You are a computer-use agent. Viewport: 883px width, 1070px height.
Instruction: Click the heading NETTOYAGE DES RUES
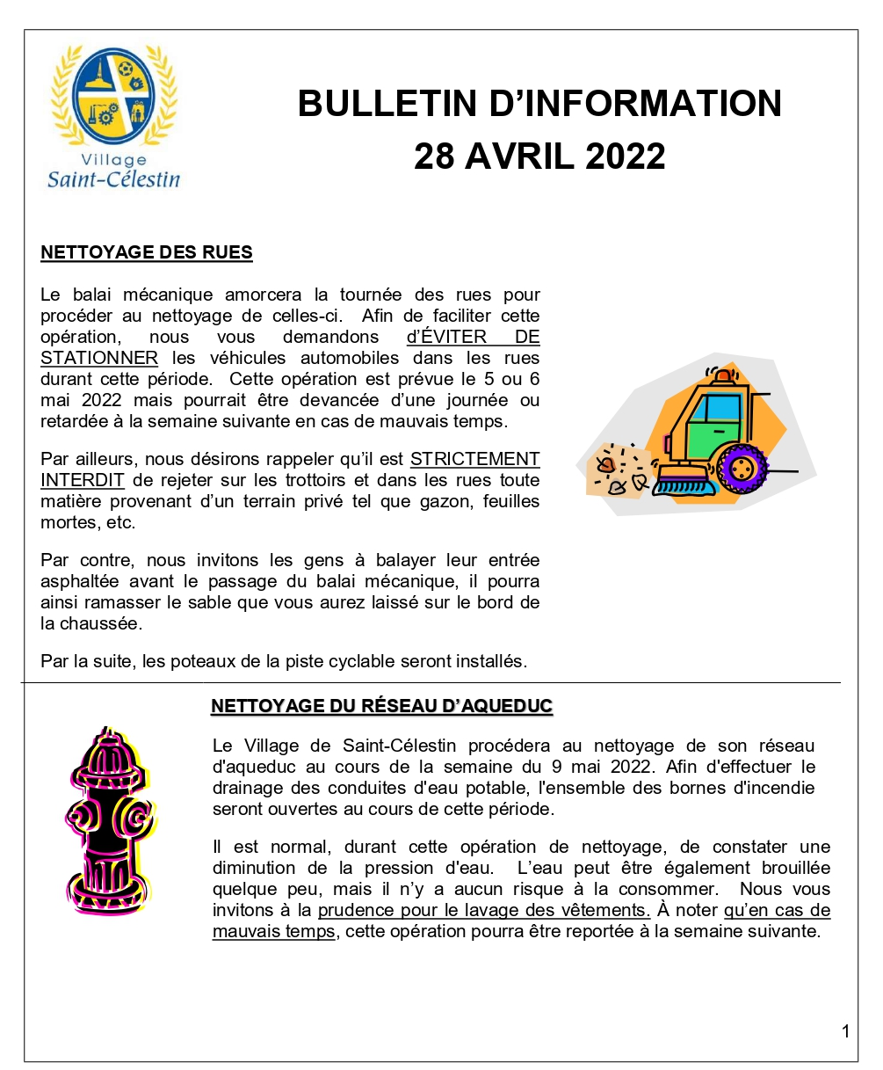click(x=147, y=253)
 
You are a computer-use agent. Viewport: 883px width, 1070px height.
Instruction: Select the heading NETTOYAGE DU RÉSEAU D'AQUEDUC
click(x=381, y=707)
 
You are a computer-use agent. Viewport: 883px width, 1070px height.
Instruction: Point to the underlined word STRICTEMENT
click(x=474, y=459)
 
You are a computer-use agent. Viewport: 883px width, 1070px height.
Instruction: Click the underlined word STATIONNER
click(x=99, y=358)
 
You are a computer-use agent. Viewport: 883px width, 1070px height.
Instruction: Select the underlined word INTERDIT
click(x=82, y=480)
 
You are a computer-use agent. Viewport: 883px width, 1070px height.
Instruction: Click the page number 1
click(x=845, y=1031)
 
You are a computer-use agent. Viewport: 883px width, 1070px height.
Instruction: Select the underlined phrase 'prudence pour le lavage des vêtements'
click(x=483, y=910)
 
